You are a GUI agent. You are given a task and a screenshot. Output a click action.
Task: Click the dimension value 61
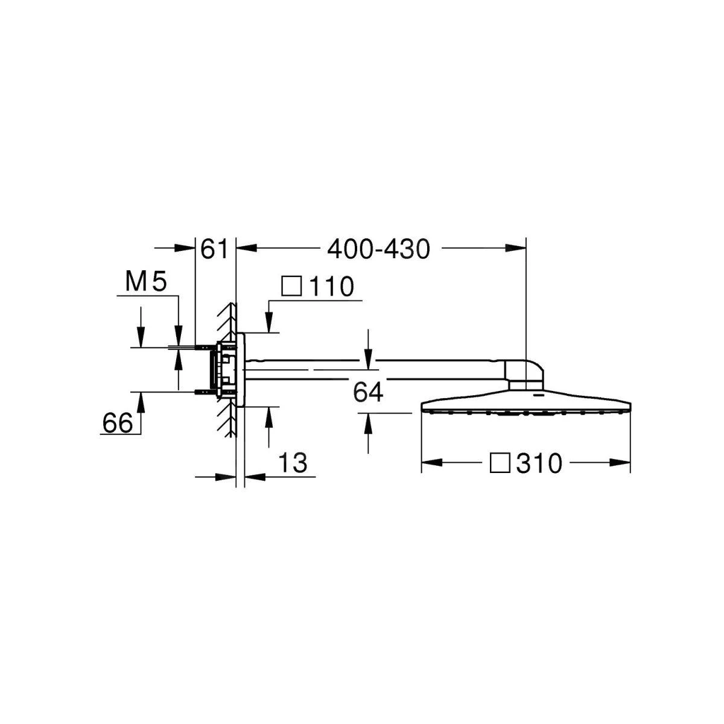(214, 249)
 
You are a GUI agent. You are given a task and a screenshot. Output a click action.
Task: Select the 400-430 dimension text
(378, 249)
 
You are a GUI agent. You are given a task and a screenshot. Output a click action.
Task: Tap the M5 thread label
(145, 282)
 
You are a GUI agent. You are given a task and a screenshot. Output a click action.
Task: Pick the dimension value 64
(368, 393)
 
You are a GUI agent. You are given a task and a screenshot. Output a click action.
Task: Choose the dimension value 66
(117, 423)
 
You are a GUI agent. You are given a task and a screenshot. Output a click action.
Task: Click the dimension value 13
(293, 463)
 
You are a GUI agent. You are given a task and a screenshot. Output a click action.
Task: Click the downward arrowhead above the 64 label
(368, 361)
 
